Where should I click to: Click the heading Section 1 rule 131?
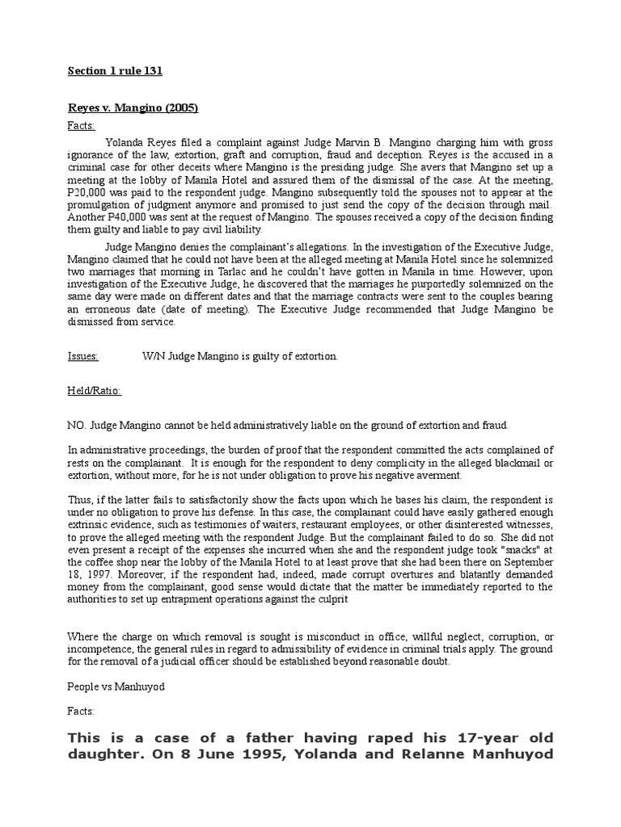pos(115,71)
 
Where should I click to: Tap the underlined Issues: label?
pos(82,356)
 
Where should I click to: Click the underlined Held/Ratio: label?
pos(94,391)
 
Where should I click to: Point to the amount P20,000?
pos(87,192)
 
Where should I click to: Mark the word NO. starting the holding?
pos(76,426)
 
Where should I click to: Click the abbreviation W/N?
pos(153,356)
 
